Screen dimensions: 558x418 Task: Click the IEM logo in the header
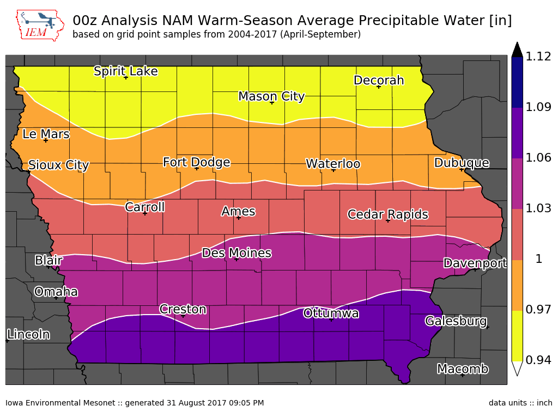40,25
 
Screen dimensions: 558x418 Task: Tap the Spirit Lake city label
126,71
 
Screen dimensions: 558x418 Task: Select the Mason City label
271,96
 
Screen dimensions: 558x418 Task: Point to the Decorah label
379,81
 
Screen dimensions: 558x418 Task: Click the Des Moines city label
236,253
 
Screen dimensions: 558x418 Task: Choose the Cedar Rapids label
388,214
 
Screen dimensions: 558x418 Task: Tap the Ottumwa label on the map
331,313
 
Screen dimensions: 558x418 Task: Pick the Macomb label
463,369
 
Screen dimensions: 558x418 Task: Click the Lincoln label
28,335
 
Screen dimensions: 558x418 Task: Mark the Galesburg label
456,321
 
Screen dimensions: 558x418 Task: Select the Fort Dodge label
196,162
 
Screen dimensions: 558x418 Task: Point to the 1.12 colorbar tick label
538,57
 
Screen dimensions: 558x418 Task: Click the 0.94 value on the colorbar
538,360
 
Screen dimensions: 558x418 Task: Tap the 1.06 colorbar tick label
538,157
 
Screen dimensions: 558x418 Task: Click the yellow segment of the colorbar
517,336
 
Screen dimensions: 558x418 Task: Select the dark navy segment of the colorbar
517,83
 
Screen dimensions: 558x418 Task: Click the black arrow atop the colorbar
517,50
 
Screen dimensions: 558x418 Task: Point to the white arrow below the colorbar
517,368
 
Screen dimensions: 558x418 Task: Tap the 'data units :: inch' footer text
520,403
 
